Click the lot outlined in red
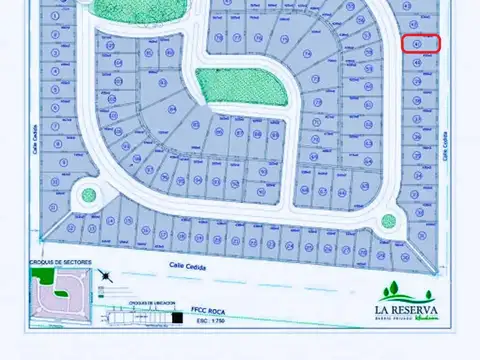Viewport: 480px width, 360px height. [421, 43]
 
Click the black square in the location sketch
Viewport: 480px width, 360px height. [177, 317]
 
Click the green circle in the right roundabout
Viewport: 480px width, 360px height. [388, 221]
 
